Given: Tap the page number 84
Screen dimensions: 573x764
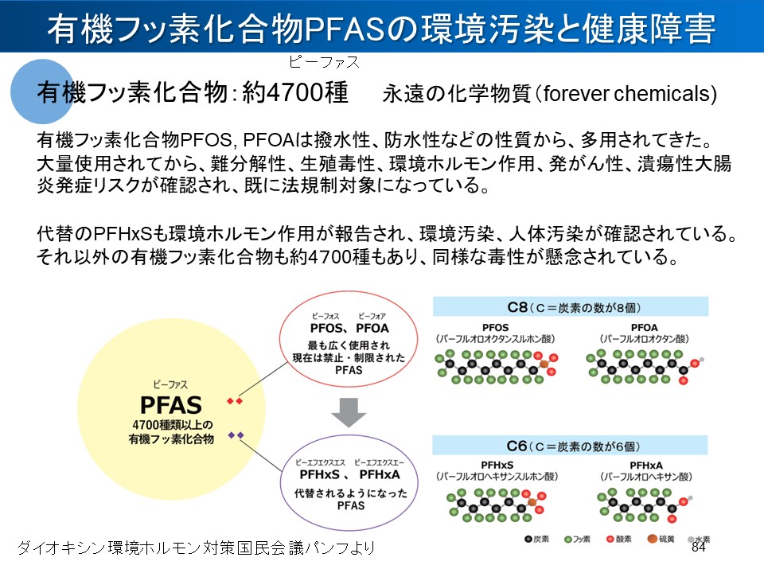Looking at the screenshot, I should pyautogui.click(x=699, y=548).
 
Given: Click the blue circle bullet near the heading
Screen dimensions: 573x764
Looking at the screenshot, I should pyautogui.click(x=41, y=90).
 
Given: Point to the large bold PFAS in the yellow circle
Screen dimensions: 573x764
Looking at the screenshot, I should pyautogui.click(x=170, y=404).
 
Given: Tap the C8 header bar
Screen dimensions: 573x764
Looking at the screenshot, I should pyautogui.click(x=570, y=306).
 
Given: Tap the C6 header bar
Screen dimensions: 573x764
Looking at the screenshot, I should pyautogui.click(x=570, y=445).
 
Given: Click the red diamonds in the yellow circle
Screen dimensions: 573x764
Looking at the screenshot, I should pyautogui.click(x=235, y=401).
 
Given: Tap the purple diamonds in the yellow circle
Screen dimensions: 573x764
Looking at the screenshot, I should pyautogui.click(x=235, y=435).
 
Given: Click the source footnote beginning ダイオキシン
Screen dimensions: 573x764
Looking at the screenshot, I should pyautogui.click(x=196, y=548).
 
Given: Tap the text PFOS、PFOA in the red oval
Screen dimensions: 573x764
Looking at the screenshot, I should pyautogui.click(x=349, y=328).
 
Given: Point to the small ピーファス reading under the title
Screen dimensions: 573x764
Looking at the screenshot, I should pyautogui.click(x=324, y=62).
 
